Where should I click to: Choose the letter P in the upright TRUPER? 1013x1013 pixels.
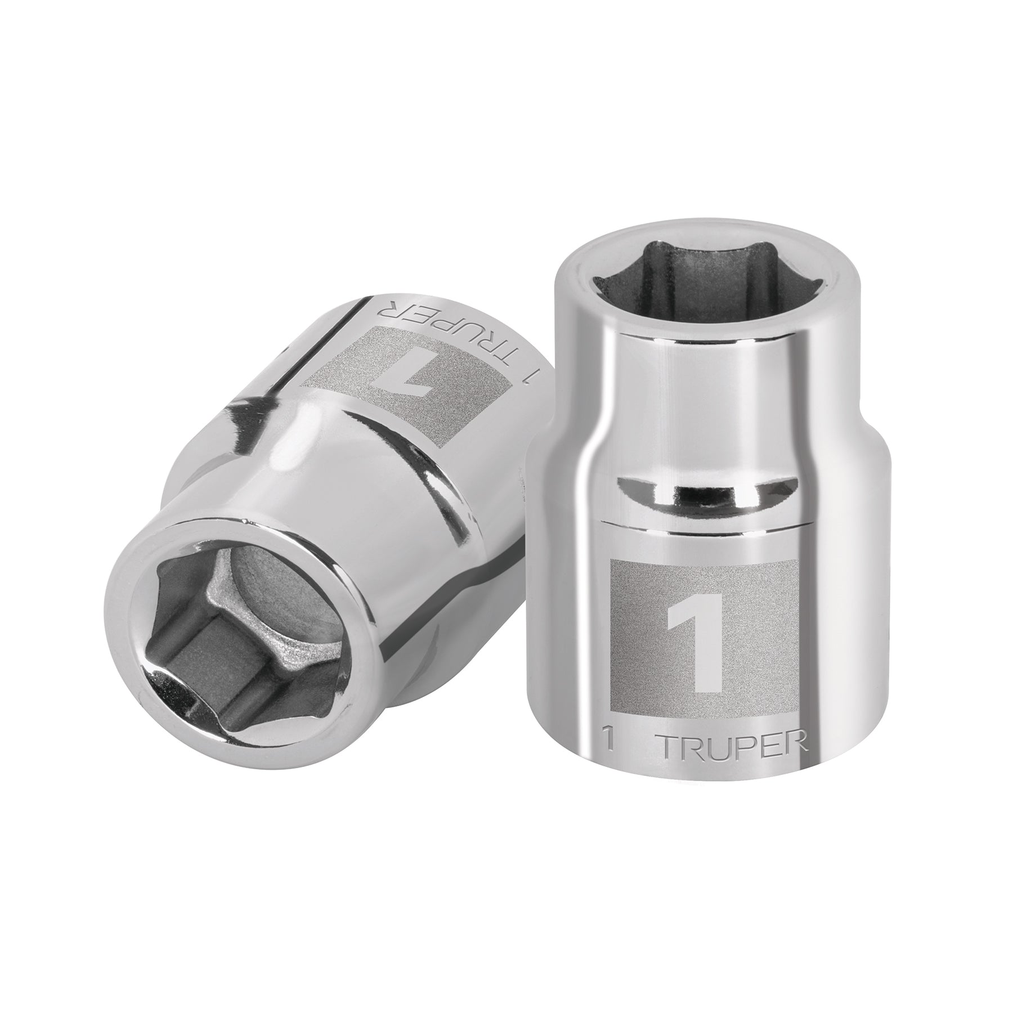click(748, 748)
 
